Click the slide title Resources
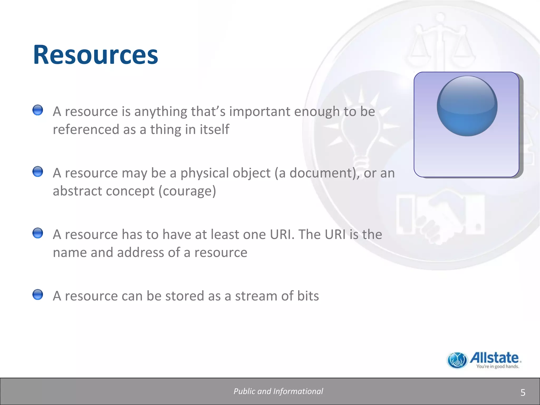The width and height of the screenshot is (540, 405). pyautogui.click(x=95, y=55)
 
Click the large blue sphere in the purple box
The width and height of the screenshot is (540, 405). pyautogui.click(x=467, y=106)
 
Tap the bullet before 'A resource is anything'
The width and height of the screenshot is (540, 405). pyautogui.click(x=38, y=110)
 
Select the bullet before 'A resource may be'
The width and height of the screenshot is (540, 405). pyautogui.click(x=38, y=172)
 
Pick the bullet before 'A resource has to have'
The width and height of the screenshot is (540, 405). pyautogui.click(x=38, y=233)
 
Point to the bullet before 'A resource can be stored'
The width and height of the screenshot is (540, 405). pyautogui.click(x=38, y=295)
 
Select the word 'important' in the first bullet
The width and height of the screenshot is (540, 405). pyautogui.click(x=259, y=112)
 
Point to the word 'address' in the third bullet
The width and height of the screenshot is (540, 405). pyautogui.click(x=141, y=253)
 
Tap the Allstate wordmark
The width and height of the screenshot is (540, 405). pyautogui.click(x=494, y=358)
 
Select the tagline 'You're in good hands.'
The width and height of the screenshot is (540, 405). pyautogui.click(x=497, y=367)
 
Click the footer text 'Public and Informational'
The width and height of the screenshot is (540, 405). pyautogui.click(x=278, y=391)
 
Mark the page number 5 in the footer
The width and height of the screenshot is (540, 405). pyautogui.click(x=523, y=393)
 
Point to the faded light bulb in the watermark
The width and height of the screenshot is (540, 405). pyautogui.click(x=360, y=132)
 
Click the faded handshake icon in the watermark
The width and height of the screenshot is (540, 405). pyautogui.click(x=440, y=214)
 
